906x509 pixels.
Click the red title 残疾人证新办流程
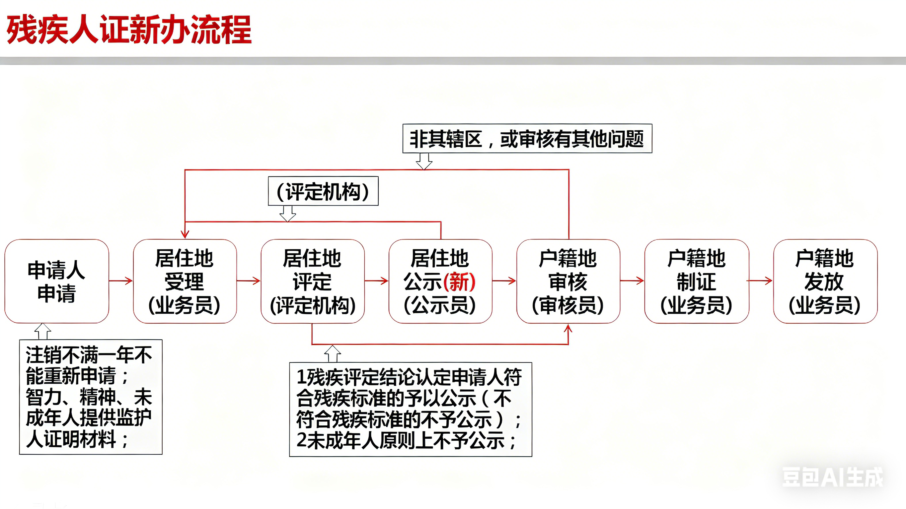point(129,30)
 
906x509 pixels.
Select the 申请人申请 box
point(57,281)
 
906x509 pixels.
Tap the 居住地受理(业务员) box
point(185,281)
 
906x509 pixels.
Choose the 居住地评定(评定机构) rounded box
point(312,281)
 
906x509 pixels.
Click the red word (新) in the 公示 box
point(459,282)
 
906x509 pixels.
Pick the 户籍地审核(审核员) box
point(568,281)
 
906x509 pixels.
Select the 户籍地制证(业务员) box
point(696,281)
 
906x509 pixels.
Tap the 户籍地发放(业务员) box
point(825,281)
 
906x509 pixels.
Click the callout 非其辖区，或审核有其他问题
point(527,139)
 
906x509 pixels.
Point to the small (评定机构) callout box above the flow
point(323,191)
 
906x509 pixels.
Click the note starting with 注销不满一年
point(91,397)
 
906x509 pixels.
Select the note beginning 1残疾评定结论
point(410,410)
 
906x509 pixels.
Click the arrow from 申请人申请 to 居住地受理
point(121,281)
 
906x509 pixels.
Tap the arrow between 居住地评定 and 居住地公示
point(376,281)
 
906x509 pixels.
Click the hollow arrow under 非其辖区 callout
point(424,161)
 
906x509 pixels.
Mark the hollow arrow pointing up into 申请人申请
point(42,331)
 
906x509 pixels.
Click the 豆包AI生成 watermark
point(832,477)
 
